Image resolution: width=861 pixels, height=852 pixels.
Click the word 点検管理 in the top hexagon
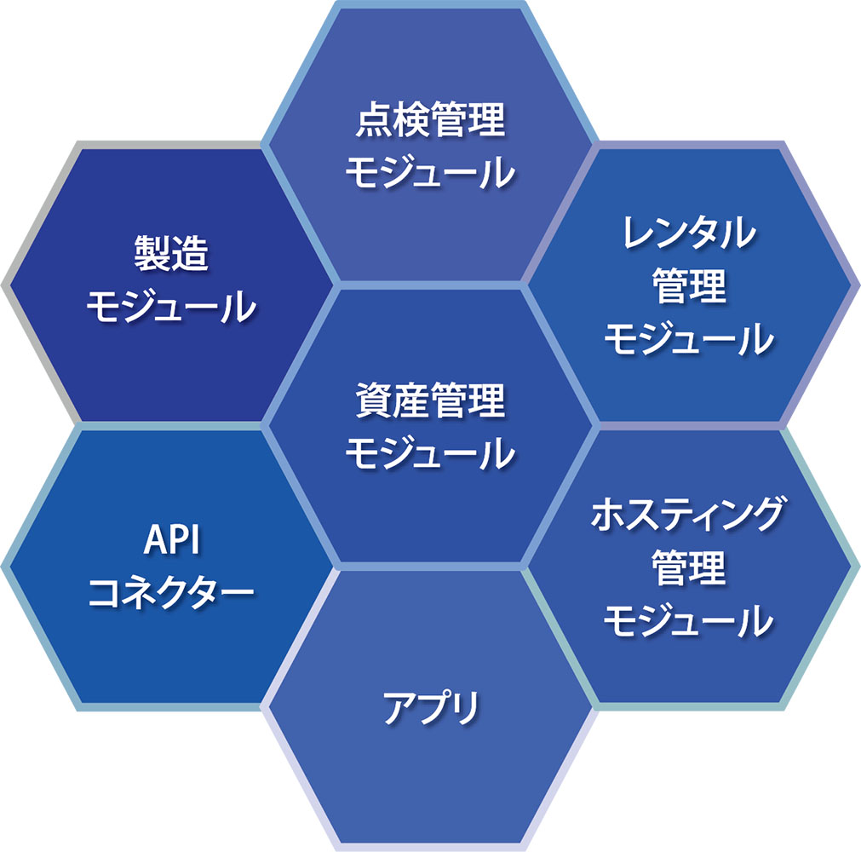[429, 123]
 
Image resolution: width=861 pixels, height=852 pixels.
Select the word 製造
[171, 253]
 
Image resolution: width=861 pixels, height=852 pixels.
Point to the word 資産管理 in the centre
[429, 401]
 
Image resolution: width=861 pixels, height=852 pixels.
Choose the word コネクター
[171, 590]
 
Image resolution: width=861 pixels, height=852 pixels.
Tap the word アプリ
[429, 707]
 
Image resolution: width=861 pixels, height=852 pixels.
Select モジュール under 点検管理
[429, 174]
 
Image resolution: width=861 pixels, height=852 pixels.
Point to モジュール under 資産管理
[429, 453]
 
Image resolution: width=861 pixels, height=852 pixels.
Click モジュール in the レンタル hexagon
[689, 339]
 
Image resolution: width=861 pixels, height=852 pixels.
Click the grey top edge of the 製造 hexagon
[170, 144]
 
